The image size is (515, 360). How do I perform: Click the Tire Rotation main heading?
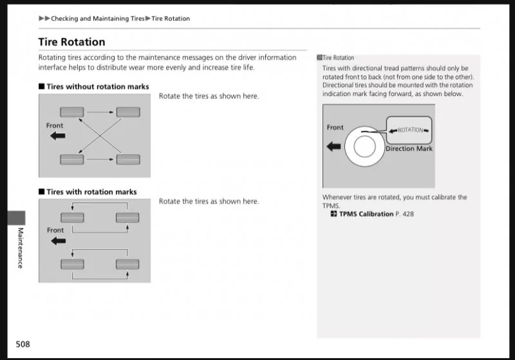[x=71, y=43]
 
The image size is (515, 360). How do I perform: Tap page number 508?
[x=23, y=344]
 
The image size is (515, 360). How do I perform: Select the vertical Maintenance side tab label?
[x=20, y=247]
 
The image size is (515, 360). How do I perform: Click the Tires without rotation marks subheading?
[x=97, y=86]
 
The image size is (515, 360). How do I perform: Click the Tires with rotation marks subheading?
[x=91, y=192]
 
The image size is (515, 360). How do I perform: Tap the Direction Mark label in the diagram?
[x=409, y=149]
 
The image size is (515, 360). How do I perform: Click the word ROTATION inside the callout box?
[x=410, y=130]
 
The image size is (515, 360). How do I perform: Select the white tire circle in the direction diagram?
[x=364, y=147]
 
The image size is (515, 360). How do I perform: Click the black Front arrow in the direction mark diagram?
[x=334, y=147]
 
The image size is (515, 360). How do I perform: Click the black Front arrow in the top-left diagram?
[x=58, y=136]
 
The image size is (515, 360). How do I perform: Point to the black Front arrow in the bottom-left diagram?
[x=58, y=241]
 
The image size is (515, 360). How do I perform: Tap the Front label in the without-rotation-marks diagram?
[x=55, y=126]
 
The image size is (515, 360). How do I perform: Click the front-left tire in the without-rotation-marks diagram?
[x=71, y=113]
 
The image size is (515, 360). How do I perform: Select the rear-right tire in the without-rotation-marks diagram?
[x=128, y=159]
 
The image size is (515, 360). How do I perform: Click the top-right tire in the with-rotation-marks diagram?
[x=127, y=218]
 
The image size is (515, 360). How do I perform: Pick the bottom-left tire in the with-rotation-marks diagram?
[x=71, y=263]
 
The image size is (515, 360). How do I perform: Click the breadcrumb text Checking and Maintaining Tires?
[x=98, y=19]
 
